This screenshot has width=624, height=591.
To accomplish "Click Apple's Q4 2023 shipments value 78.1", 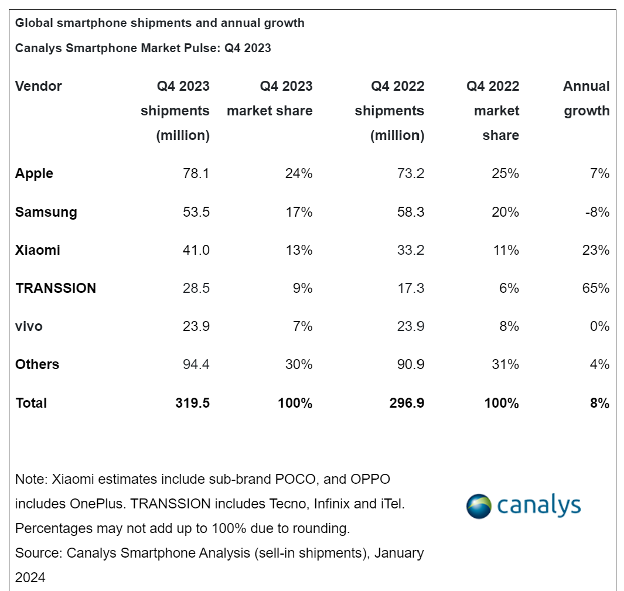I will [196, 173].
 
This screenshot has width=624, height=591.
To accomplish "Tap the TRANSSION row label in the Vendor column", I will [56, 288].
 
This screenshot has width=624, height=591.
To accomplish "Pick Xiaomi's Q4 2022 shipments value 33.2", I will [410, 250].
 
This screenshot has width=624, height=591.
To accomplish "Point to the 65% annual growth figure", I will [596, 288].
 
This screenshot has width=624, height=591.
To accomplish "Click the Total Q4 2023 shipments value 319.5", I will [192, 403].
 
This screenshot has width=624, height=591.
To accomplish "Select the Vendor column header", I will [38, 86].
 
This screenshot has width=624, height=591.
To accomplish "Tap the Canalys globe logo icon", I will [479, 506].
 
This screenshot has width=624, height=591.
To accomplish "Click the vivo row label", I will [29, 326].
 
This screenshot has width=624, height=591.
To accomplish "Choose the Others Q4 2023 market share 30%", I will [299, 364].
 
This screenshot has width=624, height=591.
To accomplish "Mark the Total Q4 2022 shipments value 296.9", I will [407, 403].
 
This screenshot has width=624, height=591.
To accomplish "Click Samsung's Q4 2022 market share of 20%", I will [506, 211].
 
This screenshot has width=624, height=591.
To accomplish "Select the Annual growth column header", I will [587, 98].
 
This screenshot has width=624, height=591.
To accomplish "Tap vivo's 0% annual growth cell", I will [599, 326].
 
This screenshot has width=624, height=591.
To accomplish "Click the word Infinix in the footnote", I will [333, 504].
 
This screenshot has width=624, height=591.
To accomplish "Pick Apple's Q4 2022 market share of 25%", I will [506, 173].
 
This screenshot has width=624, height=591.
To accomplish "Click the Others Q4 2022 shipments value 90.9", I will [410, 364].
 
